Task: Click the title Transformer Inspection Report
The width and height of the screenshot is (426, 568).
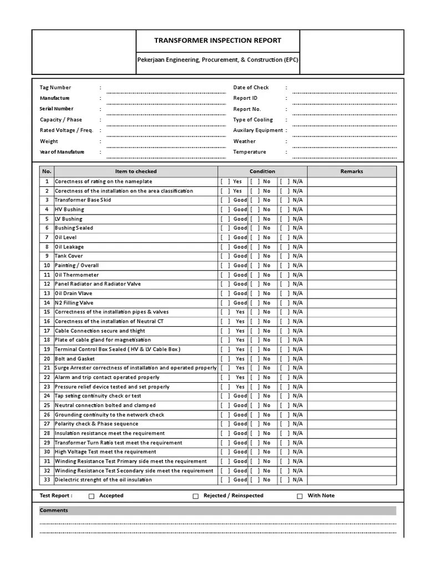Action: tap(217, 40)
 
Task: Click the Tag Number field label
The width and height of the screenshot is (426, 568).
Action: tap(55, 88)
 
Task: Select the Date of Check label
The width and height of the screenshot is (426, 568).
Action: tap(251, 88)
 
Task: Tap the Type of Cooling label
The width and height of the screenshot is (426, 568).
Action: tap(253, 120)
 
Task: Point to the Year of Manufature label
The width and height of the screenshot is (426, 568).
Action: tap(62, 152)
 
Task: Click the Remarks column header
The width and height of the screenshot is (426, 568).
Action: tap(352, 171)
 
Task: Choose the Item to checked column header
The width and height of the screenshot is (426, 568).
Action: tap(136, 171)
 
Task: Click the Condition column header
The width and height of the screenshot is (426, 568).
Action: tap(262, 171)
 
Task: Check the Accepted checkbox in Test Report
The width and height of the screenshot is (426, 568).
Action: tap(92, 496)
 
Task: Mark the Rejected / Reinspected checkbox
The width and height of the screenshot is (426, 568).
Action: tap(196, 496)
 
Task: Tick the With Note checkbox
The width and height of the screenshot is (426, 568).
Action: tap(300, 496)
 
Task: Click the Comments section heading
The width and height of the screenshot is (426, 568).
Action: tap(54, 510)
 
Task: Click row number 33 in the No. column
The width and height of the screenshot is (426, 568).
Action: tap(47, 480)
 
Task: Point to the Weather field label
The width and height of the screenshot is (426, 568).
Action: tap(245, 141)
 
